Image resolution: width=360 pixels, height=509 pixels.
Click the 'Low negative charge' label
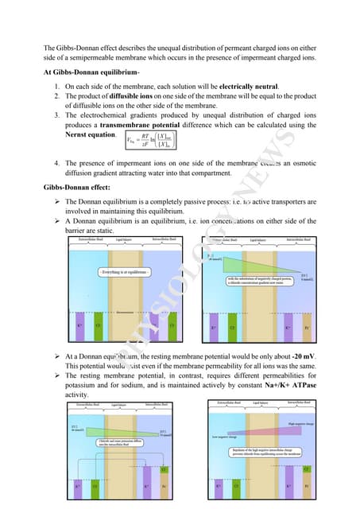223,437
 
